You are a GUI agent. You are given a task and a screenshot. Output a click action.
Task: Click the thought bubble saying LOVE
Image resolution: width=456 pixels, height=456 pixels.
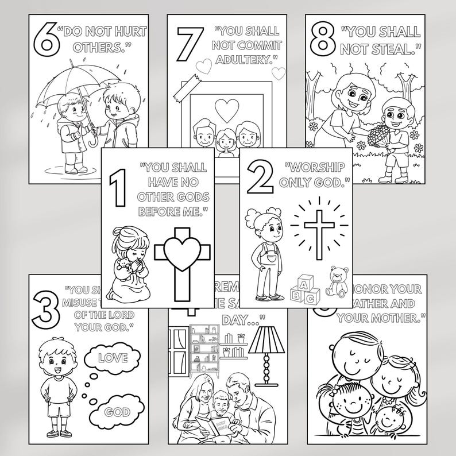[x=113, y=358]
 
